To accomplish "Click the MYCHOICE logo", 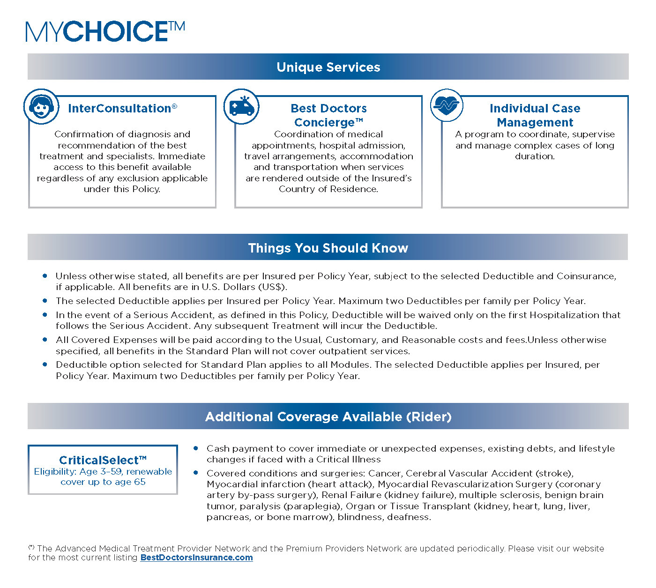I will [x=105, y=31].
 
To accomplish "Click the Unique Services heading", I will [x=328, y=67].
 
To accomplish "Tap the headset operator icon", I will [x=41, y=106].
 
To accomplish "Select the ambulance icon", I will [x=241, y=107].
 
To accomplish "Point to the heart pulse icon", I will [x=447, y=105].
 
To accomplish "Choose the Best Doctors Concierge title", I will [x=328, y=115].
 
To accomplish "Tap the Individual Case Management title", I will [x=535, y=115].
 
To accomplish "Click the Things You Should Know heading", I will [x=328, y=248].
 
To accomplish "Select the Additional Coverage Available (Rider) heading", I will [x=328, y=417].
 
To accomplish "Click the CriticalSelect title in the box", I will [x=103, y=460].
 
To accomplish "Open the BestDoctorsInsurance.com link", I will [x=196, y=558].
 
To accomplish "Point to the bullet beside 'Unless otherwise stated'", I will [x=45, y=276].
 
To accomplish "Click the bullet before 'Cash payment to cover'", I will [x=196, y=448].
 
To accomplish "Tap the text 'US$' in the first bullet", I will [x=273, y=287].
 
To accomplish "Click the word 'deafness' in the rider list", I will [x=412, y=517].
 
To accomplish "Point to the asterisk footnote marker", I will [x=31, y=547].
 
